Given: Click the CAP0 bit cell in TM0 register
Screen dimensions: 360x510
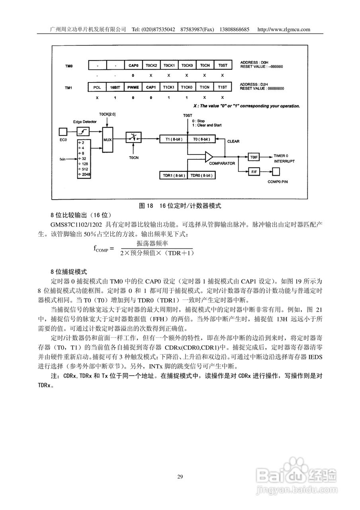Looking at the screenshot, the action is click(133, 65).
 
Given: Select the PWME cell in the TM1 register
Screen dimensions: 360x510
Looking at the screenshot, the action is click(133, 87).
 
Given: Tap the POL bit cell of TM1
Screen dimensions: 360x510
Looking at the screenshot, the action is click(97, 87).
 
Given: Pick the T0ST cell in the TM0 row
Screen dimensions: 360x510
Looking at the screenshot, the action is click(222, 65).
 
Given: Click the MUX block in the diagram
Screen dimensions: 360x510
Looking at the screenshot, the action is click(108, 140).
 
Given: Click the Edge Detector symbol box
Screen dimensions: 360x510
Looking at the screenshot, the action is click(83, 131).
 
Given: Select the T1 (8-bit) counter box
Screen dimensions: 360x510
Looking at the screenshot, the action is click(173, 139).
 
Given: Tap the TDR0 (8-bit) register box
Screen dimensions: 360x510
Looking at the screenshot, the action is click(201, 175).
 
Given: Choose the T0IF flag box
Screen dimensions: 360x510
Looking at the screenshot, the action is click(254, 157).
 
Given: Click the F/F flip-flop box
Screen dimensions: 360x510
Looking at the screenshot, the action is click(254, 172).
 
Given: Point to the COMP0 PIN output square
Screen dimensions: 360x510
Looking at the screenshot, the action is click(276, 172).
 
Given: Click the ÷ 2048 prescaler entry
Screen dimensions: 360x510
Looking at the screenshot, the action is click(84, 175).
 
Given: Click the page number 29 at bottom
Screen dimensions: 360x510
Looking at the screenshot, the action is click(180, 477).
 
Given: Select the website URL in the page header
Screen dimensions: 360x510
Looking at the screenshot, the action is click(284, 29).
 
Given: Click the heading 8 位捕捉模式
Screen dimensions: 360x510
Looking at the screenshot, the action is click(68, 272).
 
